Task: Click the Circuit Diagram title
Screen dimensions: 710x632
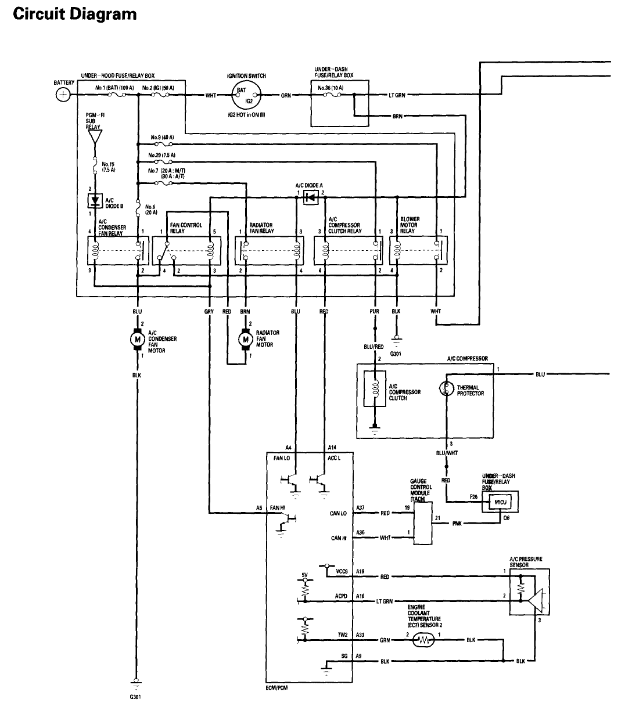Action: [74, 14]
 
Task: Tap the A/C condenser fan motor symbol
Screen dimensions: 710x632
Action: [138, 339]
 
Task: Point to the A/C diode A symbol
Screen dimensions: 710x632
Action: [310, 198]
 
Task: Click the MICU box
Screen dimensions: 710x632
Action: [501, 501]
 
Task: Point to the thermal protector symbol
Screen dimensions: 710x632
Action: [447, 389]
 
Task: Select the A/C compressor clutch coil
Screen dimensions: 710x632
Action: [375, 389]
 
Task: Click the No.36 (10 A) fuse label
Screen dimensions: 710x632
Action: [331, 89]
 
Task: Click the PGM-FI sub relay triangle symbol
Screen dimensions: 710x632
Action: [94, 136]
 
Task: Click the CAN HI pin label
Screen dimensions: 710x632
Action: [339, 538]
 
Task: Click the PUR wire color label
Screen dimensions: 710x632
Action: [375, 312]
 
